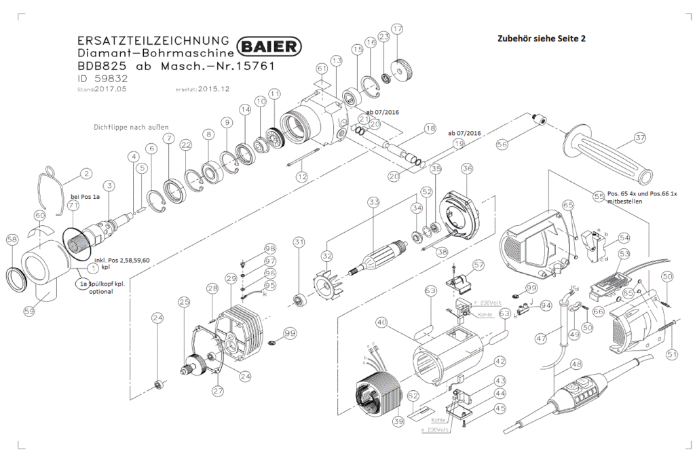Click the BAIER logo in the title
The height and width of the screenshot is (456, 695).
click(x=271, y=46)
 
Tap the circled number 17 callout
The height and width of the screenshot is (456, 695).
click(x=398, y=29)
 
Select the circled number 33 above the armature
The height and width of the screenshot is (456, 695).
click(x=373, y=202)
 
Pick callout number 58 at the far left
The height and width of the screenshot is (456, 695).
click(x=12, y=240)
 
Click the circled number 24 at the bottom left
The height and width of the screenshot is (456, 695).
click(x=157, y=317)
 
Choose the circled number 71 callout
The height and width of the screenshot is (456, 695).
click(x=73, y=215)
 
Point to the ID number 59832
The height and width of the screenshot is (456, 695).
click(x=100, y=79)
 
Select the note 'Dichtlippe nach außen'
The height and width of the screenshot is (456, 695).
click(x=130, y=127)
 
